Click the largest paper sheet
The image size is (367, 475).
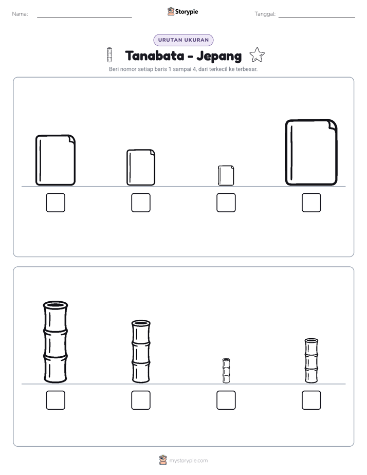pos(311,152)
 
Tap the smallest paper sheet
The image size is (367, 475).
pos(226,175)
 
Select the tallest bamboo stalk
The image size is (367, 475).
pos(56,342)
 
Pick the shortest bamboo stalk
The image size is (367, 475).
pos(226,371)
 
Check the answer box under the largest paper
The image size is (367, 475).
pos(311,203)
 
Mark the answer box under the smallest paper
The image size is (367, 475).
pos(226,203)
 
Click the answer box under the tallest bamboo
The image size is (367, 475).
pos(56,400)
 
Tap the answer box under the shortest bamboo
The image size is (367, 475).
pos(226,400)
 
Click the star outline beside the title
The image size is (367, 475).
pos(257,55)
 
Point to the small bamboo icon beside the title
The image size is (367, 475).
pos(109,55)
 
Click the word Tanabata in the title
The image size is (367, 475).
pos(155,56)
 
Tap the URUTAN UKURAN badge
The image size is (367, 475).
pos(183,40)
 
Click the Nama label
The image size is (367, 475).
pos(20,14)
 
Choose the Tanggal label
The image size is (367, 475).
pos(265,14)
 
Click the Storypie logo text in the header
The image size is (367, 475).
pos(187,12)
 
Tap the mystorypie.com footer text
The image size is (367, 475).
pos(188,461)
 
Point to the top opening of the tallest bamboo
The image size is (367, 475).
pos(56,304)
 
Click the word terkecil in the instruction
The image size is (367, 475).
pos(218,69)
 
